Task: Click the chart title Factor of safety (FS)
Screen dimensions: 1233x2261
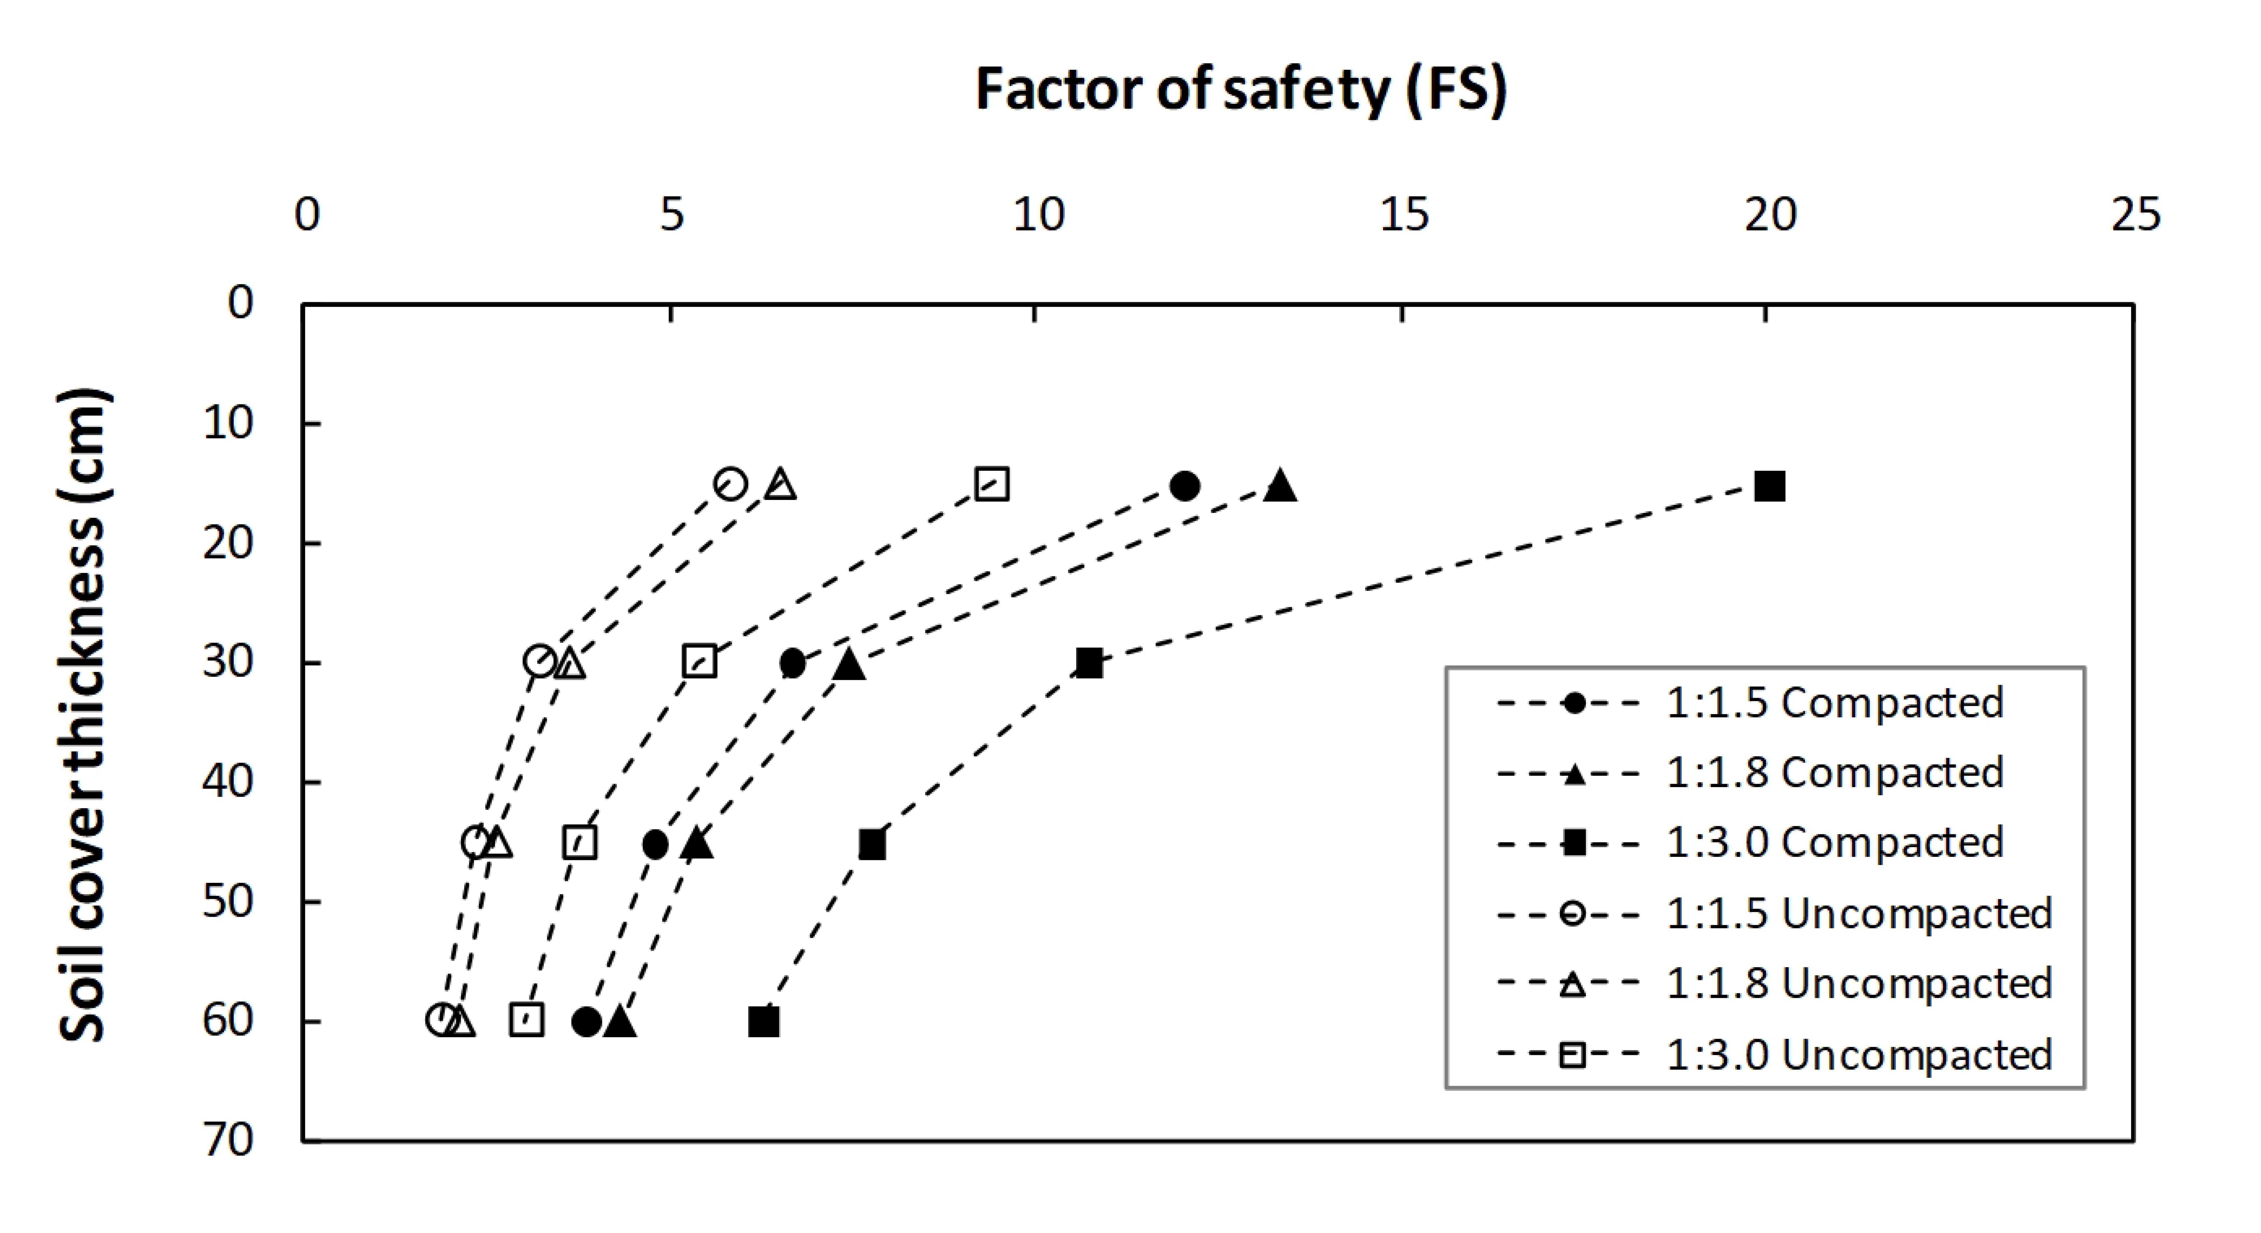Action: pos(1241,90)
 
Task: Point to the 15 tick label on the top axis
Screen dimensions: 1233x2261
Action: pos(1404,214)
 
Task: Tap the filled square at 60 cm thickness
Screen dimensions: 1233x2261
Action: pos(764,1021)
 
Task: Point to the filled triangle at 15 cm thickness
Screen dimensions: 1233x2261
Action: pos(1280,485)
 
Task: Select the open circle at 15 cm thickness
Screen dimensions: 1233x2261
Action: pos(730,484)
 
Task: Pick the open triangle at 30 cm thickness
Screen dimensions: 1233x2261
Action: pos(571,663)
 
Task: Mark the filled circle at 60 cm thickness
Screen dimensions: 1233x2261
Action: pos(586,1021)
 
